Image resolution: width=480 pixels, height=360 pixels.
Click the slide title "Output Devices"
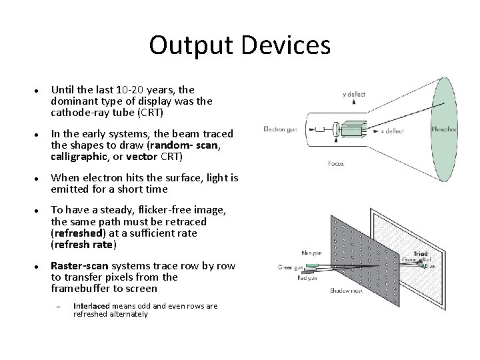(239, 45)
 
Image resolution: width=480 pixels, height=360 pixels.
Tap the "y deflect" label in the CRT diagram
(353, 94)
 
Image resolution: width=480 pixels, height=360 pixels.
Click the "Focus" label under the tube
(337, 163)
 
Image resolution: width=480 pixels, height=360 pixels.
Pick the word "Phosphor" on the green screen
(444, 129)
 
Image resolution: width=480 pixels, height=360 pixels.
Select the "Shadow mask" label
(347, 291)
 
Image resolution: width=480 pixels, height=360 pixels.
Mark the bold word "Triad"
(421, 254)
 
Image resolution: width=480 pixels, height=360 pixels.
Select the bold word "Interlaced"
(92, 306)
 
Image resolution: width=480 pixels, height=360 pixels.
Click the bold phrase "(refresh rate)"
(84, 244)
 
